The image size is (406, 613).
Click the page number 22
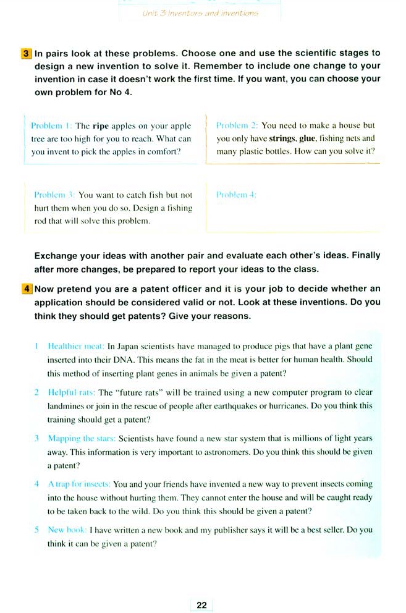(201, 605)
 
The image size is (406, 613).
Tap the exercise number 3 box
(26, 54)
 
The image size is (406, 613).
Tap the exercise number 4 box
(26, 289)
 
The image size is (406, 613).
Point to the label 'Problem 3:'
(54, 195)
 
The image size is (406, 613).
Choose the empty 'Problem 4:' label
(237, 195)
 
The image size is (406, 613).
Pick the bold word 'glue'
(307, 139)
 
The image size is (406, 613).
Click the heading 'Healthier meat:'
(76, 347)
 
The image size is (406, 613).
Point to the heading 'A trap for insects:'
(79, 484)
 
